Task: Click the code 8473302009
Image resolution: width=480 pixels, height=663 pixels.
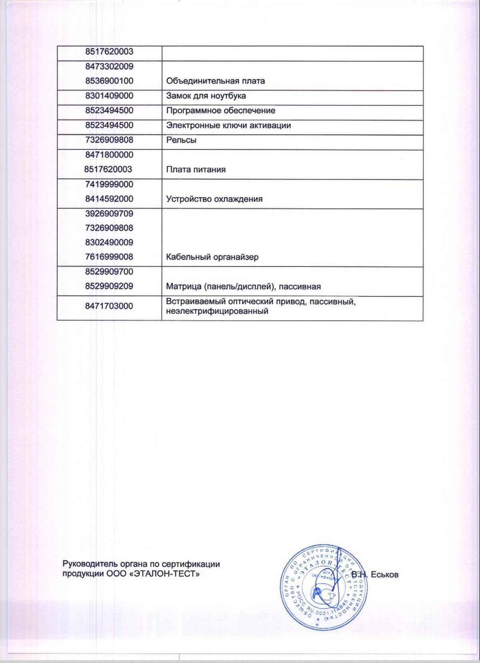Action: point(109,66)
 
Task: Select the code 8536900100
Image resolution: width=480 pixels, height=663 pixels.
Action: point(109,81)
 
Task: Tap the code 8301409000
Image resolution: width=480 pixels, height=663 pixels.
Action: point(109,96)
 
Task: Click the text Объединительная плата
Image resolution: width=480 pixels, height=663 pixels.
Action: point(215,81)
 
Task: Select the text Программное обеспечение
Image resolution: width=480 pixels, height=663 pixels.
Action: point(220,110)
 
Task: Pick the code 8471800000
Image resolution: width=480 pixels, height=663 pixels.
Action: point(109,155)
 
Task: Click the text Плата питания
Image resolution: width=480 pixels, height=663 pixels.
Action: point(196,170)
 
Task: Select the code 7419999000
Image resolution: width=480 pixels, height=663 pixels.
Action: point(109,185)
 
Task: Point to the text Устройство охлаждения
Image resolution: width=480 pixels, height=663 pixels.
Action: point(214,199)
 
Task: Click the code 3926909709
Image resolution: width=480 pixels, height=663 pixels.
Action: point(109,214)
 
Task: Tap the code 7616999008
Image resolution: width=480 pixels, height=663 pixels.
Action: point(109,257)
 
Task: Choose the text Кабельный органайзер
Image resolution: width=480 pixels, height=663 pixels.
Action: point(212,257)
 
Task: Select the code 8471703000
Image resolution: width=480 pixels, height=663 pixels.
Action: point(109,306)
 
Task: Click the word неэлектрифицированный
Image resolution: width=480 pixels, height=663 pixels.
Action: point(217,311)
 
